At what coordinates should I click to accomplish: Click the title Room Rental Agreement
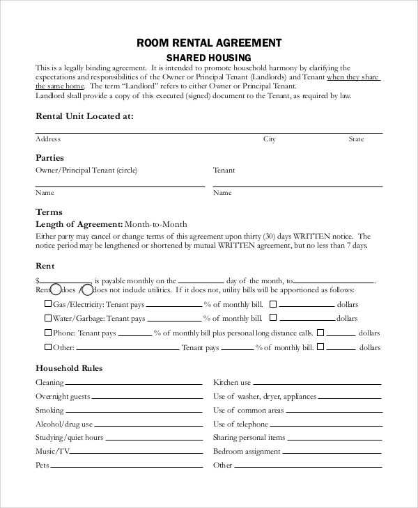(x=209, y=43)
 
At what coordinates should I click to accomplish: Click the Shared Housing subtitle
(x=208, y=57)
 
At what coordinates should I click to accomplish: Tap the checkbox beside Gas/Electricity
(x=48, y=304)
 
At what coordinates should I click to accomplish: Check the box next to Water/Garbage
(x=48, y=318)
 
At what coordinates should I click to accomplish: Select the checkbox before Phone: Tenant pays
(x=48, y=333)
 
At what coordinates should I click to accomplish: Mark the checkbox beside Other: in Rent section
(x=48, y=347)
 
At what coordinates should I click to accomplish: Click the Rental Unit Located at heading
(x=84, y=116)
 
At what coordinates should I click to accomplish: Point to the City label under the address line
(x=269, y=139)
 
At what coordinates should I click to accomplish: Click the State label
(x=356, y=139)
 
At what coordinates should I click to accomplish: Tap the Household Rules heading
(x=69, y=368)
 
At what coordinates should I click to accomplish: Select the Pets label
(x=42, y=465)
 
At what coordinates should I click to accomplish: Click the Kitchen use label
(x=232, y=383)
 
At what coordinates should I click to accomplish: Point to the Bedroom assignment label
(x=247, y=451)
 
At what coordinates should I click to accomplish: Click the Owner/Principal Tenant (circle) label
(x=86, y=170)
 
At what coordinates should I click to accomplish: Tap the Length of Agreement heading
(x=79, y=224)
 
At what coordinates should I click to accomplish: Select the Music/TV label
(x=53, y=451)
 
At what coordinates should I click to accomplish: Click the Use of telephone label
(x=240, y=424)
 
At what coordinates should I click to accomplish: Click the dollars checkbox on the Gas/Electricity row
(x=273, y=304)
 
